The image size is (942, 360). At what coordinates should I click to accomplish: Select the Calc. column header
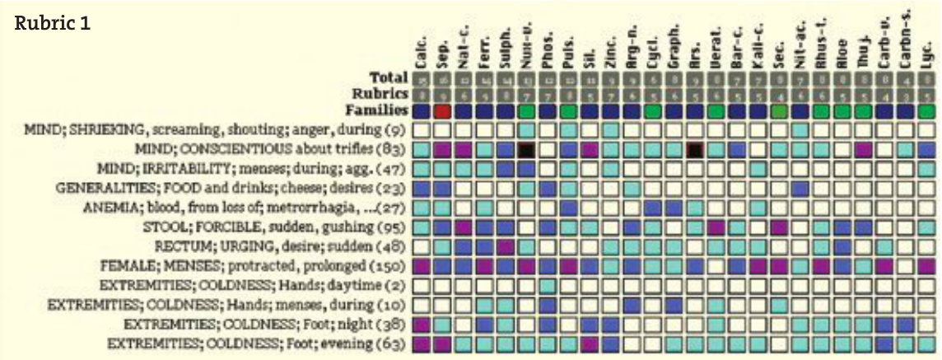click(421, 52)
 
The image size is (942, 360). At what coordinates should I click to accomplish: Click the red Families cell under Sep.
click(442, 110)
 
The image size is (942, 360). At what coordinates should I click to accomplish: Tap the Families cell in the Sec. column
click(778, 110)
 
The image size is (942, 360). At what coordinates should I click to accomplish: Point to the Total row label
click(389, 77)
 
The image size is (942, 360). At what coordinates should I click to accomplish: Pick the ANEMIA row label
click(246, 207)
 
